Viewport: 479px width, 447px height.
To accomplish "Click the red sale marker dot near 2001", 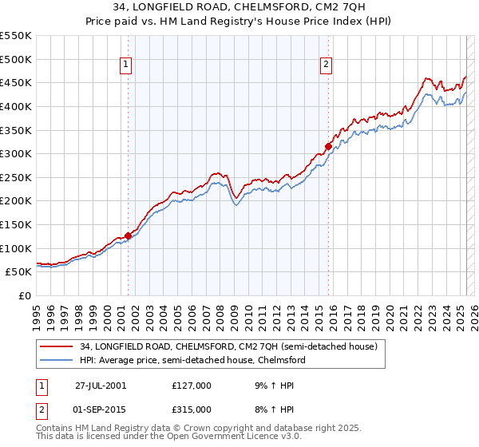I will point(128,235).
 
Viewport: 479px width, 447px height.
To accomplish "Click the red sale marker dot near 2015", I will point(327,146).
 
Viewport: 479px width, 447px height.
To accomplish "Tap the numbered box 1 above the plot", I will point(127,66).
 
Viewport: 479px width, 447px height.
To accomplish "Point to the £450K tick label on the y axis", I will point(16,82).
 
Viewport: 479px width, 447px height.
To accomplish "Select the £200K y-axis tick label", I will point(16,201).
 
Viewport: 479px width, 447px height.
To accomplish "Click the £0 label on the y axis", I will point(25,295).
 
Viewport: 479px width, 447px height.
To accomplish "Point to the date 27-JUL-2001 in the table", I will point(101,385).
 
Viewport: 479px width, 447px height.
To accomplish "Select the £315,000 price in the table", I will point(192,409).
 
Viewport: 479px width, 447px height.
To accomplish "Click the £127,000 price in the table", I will point(192,385).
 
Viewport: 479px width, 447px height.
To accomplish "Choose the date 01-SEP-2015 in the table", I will point(101,409).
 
